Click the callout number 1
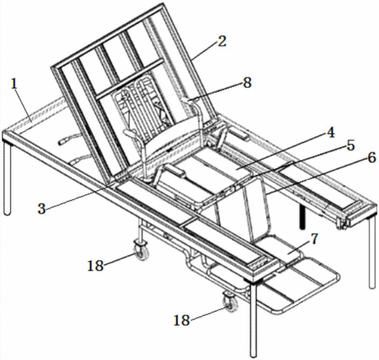pyautogui.click(x=14, y=84)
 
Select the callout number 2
pyautogui.click(x=222, y=41)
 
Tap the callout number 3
pyautogui.click(x=42, y=209)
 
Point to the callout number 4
pyautogui.click(x=330, y=132)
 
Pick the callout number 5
pyautogui.click(x=350, y=146)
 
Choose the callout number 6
pyautogui.click(x=372, y=158)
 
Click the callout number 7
pyautogui.click(x=314, y=239)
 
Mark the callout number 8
pyautogui.click(x=247, y=83)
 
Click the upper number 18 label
pyautogui.click(x=96, y=266)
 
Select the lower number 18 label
pyautogui.click(x=182, y=320)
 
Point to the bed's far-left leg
pyautogui.click(x=7, y=179)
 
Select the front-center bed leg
pyautogui.click(x=253, y=320)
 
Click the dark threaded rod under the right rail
pyautogui.click(x=302, y=217)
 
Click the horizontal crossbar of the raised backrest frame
pyautogui.click(x=129, y=79)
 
